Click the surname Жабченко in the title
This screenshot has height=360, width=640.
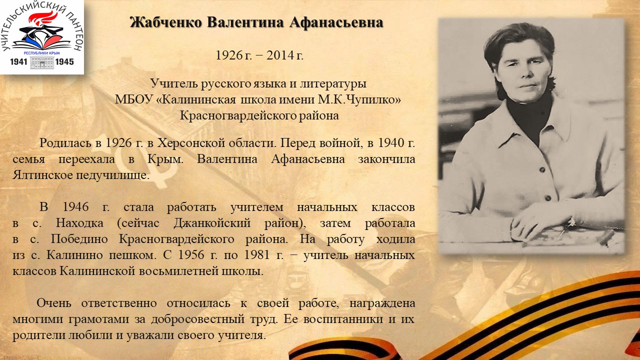[x=166, y=22]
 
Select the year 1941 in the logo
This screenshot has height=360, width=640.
[x=18, y=61]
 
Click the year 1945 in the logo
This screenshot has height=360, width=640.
[x=64, y=61]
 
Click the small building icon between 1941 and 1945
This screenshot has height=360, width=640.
[x=41, y=62]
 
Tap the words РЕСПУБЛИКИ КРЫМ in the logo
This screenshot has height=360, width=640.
[x=41, y=53]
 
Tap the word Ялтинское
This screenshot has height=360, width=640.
[x=43, y=175]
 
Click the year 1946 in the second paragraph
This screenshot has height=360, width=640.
[x=75, y=207]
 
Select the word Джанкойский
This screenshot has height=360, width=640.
[x=212, y=223]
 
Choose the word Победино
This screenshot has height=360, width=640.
[x=79, y=239]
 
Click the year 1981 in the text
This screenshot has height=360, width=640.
[x=256, y=255]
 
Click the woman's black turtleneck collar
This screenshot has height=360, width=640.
[x=530, y=117]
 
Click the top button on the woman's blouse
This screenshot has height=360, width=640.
[x=542, y=170]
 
